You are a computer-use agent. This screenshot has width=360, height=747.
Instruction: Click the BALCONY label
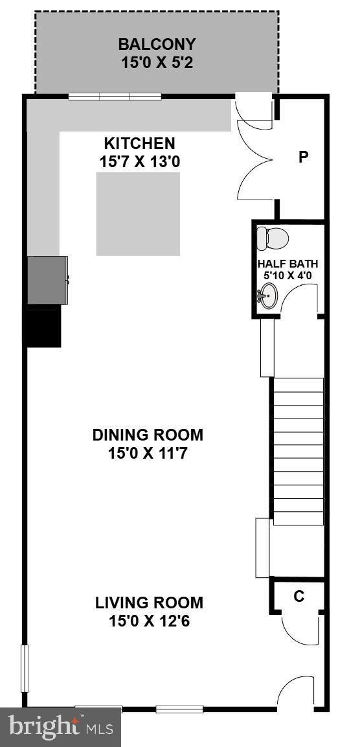pos(157,45)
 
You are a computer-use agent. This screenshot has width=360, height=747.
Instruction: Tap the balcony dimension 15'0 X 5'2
pos(157,63)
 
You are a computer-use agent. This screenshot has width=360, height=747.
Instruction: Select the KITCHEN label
pos(140,143)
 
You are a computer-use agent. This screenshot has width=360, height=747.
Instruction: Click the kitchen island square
pos(139,214)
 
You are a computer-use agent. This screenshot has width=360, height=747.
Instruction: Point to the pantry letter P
pos(302,157)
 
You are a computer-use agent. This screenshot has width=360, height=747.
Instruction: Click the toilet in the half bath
pos(272,238)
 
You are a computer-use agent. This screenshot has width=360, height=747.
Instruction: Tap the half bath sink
pos(269,297)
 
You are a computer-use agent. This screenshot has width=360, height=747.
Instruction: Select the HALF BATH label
pos(287,264)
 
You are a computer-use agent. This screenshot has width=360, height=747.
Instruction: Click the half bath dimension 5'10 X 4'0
pos(287,275)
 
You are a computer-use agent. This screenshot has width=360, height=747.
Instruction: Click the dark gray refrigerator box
pos(47,280)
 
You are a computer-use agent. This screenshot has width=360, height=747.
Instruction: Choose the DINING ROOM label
pos(148,435)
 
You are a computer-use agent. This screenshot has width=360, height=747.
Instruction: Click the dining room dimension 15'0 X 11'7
pos(148,453)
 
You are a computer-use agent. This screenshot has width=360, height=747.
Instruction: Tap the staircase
pos(298,451)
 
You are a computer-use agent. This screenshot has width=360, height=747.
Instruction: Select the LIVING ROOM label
pos(149,603)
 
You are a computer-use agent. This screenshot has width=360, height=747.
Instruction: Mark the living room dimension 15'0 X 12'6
pos(149,621)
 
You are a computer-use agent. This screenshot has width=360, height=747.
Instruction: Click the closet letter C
pos(299,597)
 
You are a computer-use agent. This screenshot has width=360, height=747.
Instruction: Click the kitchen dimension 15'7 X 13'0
pos(140,161)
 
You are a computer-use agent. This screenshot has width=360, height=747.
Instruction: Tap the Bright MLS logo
pos(60,727)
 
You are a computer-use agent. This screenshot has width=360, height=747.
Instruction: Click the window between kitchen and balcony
pos(115,97)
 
